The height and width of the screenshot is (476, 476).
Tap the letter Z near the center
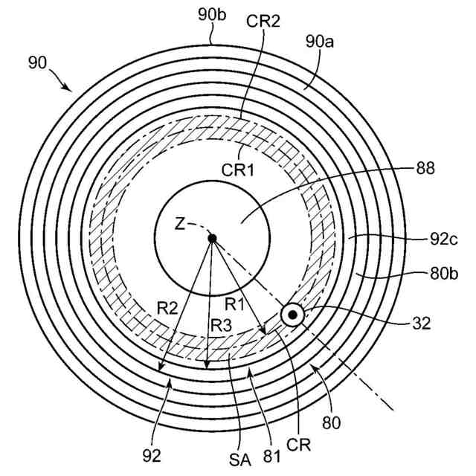[x=179, y=224]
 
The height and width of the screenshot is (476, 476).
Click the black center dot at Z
[x=212, y=238]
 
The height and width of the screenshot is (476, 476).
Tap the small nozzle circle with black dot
[x=292, y=316]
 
